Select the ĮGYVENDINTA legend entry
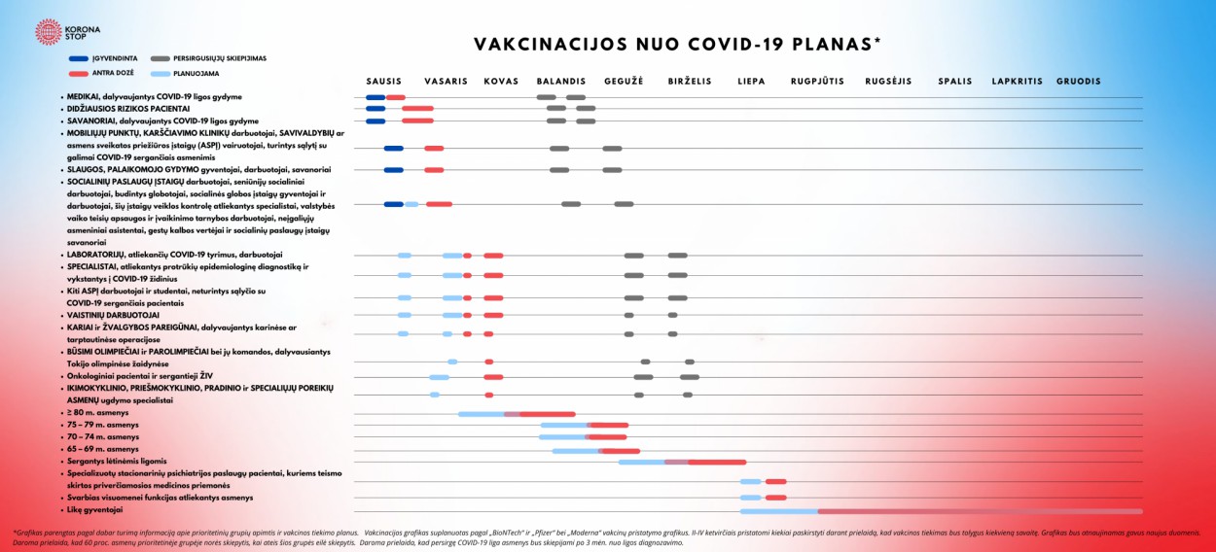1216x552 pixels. pyautogui.click(x=116, y=58)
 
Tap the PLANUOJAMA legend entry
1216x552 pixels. pyautogui.click(x=197, y=73)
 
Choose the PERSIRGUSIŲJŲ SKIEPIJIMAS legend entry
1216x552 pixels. pyautogui.click(x=219, y=58)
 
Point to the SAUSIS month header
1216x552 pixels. pyautogui.click(x=383, y=82)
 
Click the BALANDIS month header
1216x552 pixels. pyautogui.click(x=560, y=82)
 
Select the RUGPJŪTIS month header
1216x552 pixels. pyautogui.click(x=817, y=82)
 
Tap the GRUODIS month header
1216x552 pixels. pyautogui.click(x=1079, y=82)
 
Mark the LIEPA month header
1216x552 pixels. pyautogui.click(x=751, y=82)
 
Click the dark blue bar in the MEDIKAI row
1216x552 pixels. pyautogui.click(x=376, y=97)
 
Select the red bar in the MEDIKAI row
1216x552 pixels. pyautogui.click(x=395, y=97)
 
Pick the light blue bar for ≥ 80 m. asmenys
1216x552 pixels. pyautogui.click(x=482, y=414)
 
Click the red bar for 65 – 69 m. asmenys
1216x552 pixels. pyautogui.click(x=621, y=451)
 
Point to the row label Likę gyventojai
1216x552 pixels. pyautogui.click(x=94, y=509)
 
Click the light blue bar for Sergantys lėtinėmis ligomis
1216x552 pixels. pyautogui.click(x=641, y=462)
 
